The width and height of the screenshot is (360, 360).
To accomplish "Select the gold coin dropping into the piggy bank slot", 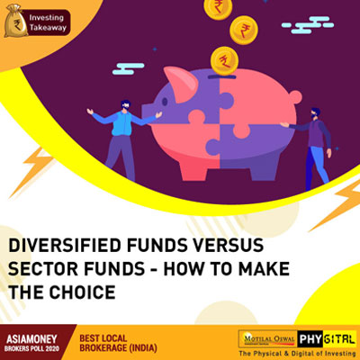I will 221,61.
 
